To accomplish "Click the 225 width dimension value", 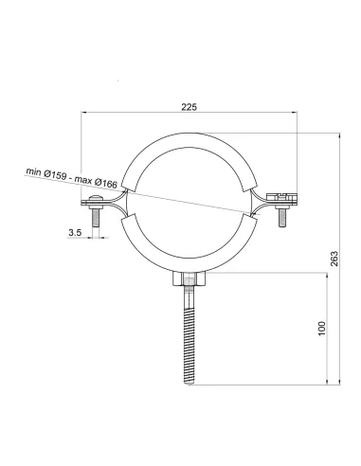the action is tap(189, 107).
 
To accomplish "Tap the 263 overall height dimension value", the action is tap(334, 259).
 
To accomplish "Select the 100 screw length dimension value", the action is tap(321, 329).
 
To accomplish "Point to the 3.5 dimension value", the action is tap(75, 233).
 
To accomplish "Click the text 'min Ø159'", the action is tap(46, 173).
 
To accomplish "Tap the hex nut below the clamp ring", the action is tap(190, 278).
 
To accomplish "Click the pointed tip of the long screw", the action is tap(190, 384).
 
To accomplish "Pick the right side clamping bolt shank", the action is tap(282, 218).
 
